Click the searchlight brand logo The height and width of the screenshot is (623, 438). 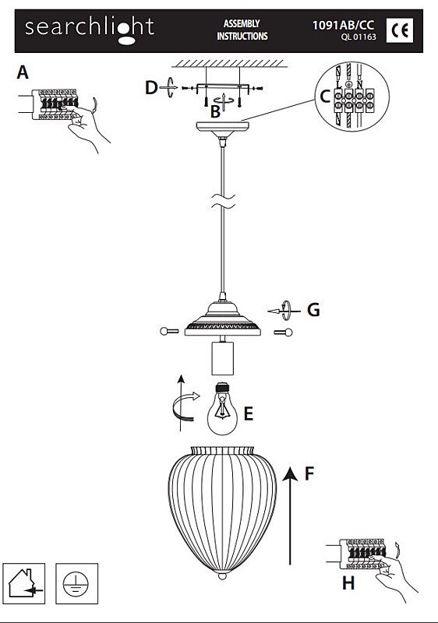point(89,30)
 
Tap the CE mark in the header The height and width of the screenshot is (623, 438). point(400,30)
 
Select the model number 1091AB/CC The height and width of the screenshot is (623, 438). point(343,25)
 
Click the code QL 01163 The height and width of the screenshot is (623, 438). point(358,37)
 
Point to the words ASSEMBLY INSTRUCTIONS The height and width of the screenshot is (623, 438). point(242,30)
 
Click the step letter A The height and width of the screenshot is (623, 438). point(23,72)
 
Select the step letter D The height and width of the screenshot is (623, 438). point(151,88)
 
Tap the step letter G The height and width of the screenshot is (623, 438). point(313,310)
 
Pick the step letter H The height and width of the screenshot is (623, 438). point(348,583)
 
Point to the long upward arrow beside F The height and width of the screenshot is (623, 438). point(290,516)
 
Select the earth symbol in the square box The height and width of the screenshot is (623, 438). point(76,583)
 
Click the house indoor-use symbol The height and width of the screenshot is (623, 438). point(24,583)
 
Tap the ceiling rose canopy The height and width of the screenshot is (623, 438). point(223,129)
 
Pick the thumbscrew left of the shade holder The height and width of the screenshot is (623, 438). point(168,330)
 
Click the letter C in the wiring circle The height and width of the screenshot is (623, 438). point(325,97)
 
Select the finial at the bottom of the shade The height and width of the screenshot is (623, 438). point(223,575)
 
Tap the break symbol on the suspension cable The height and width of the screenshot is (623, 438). point(223,202)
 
